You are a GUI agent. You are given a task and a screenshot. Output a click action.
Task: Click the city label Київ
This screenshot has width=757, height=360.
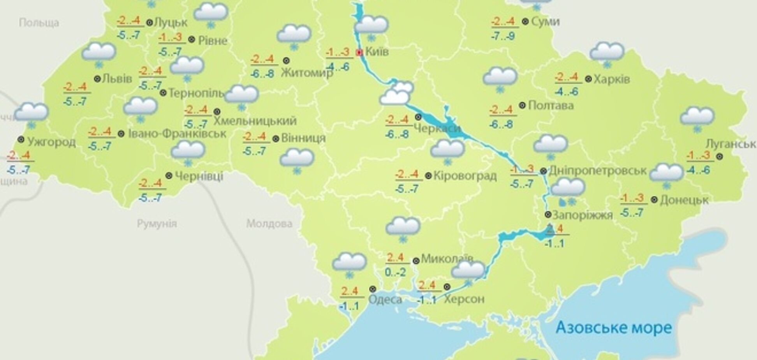coord(377,51)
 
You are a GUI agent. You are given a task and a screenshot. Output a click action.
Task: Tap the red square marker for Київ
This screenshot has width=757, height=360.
coord(359,52)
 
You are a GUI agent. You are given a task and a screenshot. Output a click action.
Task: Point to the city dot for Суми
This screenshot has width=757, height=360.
coord(525,22)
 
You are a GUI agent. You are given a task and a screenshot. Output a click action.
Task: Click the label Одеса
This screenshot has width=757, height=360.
coord(385,299)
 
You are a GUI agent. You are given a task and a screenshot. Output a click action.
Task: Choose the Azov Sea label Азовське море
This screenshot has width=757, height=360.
coord(614,327)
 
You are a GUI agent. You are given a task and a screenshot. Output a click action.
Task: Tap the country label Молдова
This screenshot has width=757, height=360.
coord(269,224)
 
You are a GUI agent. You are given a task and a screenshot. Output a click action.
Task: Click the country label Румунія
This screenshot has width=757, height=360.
coord(157,224)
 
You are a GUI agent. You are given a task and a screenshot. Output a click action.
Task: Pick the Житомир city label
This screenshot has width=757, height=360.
coord(307,72)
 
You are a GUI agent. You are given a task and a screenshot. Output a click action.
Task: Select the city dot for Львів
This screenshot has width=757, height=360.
coord(97,79)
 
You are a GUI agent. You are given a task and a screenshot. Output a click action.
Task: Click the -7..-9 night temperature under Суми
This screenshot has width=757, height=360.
coord(503,37)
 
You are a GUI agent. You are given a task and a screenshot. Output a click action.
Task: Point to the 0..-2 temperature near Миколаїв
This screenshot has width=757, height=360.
coord(395,272)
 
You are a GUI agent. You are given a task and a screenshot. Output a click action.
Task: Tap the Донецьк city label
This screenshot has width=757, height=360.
coord(685,200)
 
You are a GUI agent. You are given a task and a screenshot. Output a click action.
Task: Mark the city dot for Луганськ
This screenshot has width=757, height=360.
coord(720,156)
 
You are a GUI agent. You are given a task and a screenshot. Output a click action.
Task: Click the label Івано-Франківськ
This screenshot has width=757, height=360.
coord(177,134)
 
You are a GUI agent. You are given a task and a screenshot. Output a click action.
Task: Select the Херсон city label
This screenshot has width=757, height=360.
coord(464,299)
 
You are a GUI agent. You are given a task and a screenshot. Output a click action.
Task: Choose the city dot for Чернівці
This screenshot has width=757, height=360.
coord(169,176)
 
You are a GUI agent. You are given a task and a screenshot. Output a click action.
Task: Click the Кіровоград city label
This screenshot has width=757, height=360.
coord(465,176)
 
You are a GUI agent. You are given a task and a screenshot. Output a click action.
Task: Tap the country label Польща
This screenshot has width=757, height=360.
coord(39,23)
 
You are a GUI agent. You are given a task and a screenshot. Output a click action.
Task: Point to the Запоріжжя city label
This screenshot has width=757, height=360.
coord(583,215)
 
